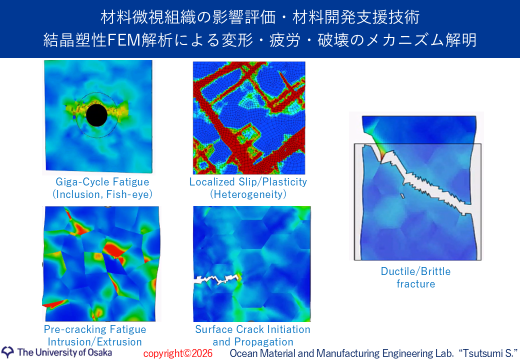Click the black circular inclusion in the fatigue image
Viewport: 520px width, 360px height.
pos(96,115)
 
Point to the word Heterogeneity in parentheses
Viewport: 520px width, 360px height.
pos(248,194)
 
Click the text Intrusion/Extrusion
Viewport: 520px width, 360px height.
pos(95,342)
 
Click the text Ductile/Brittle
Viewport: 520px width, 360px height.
pos(415,271)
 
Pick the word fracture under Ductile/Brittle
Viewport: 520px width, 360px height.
pos(416,284)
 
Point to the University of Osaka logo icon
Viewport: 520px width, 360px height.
pos(7,352)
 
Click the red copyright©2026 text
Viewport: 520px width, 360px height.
pos(178,353)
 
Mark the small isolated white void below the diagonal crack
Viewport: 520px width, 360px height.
pos(402,196)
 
